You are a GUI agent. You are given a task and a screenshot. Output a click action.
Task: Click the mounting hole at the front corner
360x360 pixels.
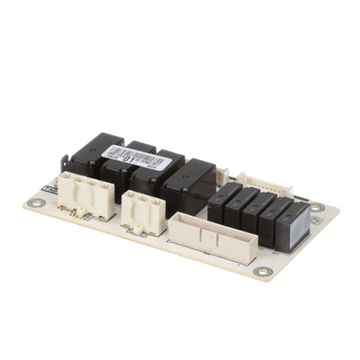(261, 270)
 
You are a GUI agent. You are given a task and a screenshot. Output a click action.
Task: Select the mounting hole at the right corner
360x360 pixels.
(316, 208)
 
